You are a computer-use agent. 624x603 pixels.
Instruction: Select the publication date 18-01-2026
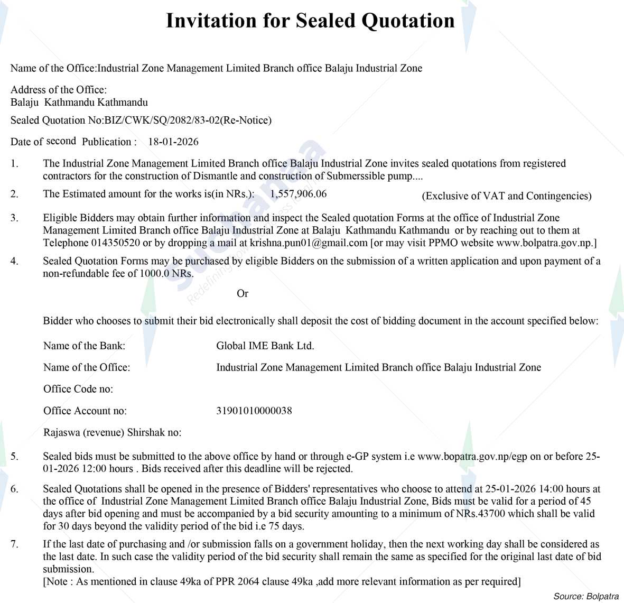pyautogui.click(x=173, y=142)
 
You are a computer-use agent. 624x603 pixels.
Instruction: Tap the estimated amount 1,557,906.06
pyautogui.click(x=298, y=194)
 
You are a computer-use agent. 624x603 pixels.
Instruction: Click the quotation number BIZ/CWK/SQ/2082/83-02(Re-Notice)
pyautogui.click(x=188, y=120)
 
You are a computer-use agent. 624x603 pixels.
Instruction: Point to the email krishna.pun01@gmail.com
pyautogui.click(x=309, y=243)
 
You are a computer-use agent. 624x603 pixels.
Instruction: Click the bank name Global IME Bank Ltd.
pyautogui.click(x=265, y=346)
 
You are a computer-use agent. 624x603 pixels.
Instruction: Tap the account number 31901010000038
pyautogui.click(x=254, y=411)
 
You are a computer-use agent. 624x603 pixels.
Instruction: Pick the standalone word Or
pyautogui.click(x=243, y=294)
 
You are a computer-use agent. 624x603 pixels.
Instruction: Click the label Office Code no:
pyautogui.click(x=78, y=389)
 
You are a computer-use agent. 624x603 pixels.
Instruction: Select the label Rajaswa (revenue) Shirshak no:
pyautogui.click(x=112, y=432)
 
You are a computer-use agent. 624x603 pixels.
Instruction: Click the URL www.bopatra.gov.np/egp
pyautogui.click(x=472, y=457)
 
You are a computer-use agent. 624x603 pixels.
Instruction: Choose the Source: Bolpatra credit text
pyautogui.click(x=585, y=596)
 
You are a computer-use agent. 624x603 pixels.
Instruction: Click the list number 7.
pyautogui.click(x=14, y=544)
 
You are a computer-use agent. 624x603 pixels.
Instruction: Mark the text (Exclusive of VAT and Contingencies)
pyautogui.click(x=506, y=196)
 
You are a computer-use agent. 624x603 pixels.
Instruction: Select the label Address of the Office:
pyautogui.click(x=59, y=90)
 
